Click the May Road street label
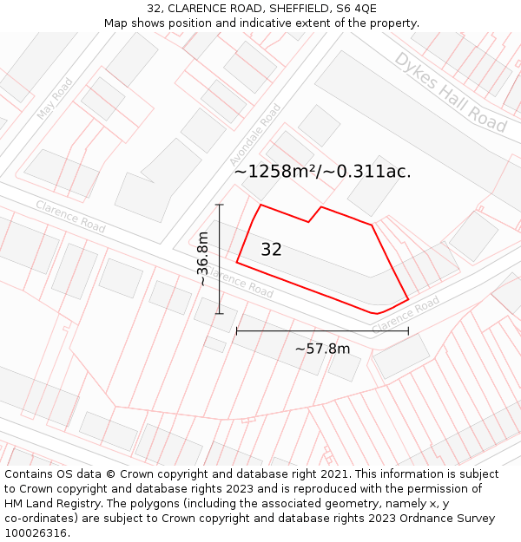tap(55, 99)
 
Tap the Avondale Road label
tap(255, 135)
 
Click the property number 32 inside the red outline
tap(271, 250)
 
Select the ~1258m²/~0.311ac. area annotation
tap(322, 172)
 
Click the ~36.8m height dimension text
tap(202, 258)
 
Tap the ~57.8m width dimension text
tap(322, 349)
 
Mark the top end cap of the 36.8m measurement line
tap(220, 205)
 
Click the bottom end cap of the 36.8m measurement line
tap(220, 314)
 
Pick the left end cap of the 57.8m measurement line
tap(237, 330)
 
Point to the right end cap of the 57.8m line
tap(408, 330)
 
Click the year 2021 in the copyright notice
tap(333, 474)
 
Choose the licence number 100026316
tap(36, 533)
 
